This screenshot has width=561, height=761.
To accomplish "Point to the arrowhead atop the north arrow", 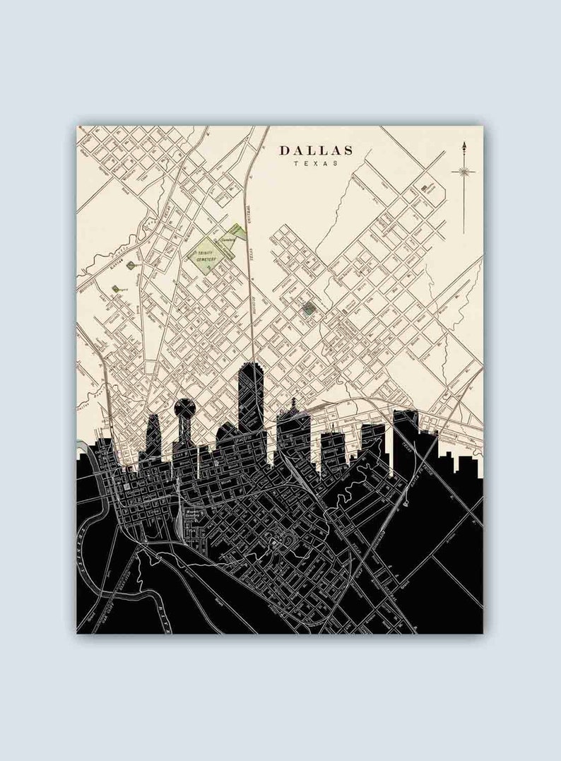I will tap(463, 146).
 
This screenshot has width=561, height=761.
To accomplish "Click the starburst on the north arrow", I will tap(463, 170).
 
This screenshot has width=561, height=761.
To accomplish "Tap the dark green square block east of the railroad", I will tap(307, 309).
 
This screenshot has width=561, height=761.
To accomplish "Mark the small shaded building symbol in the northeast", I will tap(425, 187).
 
